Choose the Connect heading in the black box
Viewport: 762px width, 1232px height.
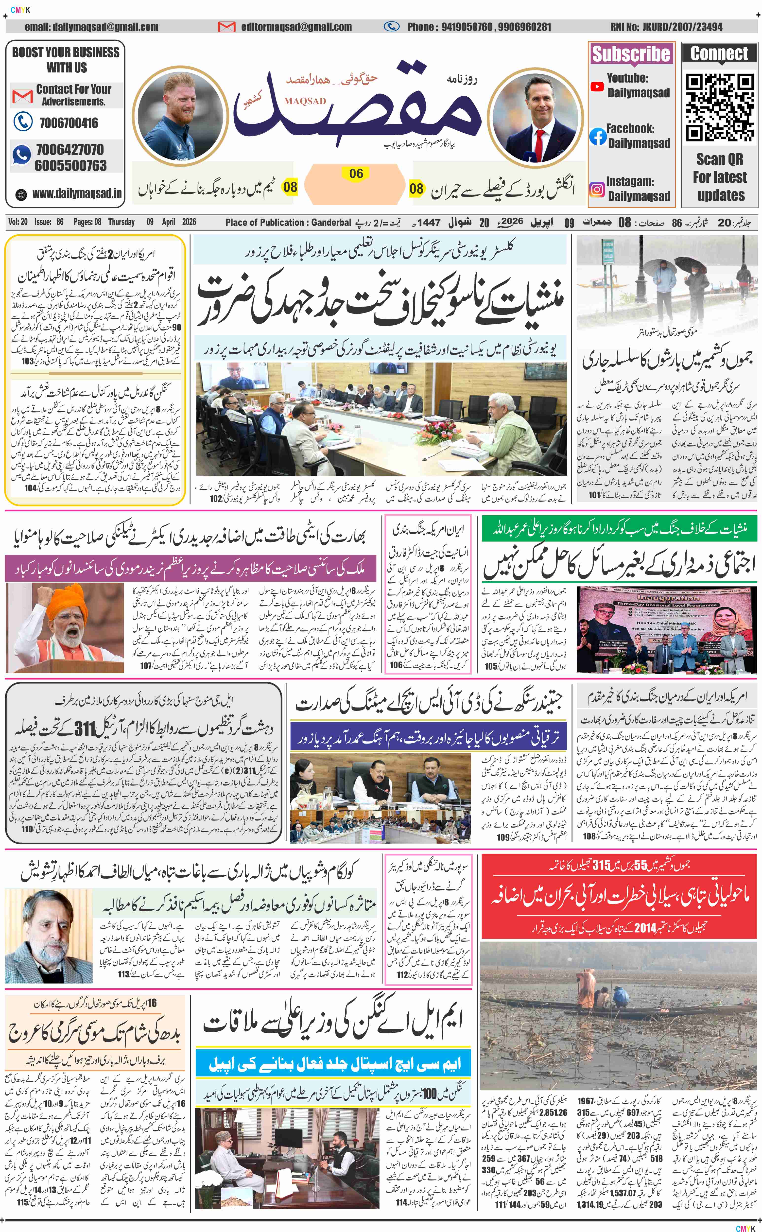[719, 53]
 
